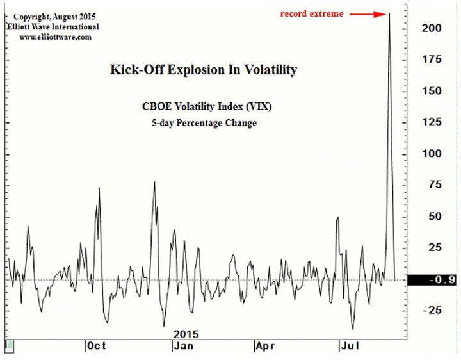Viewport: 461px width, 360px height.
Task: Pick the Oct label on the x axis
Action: pyautogui.click(x=97, y=346)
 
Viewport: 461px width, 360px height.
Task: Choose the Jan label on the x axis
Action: pyautogui.click(x=183, y=346)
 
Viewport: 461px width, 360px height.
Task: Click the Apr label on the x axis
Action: pyautogui.click(x=266, y=346)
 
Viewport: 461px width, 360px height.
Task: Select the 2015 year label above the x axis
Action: pyautogui.click(x=186, y=334)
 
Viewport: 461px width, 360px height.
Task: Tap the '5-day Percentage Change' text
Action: pyautogui.click(x=202, y=122)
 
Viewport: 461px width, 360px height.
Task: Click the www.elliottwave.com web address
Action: pyautogui.click(x=55, y=37)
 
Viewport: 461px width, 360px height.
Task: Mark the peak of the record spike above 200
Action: pyautogui.click(x=389, y=13)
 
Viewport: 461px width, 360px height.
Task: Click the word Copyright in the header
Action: pyautogui.click(x=34, y=15)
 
